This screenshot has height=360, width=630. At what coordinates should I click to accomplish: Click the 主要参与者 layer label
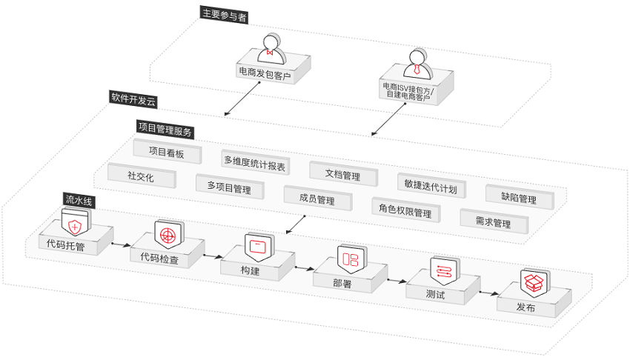[224, 15]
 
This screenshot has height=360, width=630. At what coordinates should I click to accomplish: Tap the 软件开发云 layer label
[133, 99]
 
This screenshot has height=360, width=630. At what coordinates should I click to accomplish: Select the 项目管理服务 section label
[165, 130]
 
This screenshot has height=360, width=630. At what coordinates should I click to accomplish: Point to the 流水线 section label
[79, 200]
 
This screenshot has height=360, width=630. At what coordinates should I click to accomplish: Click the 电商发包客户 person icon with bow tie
[271, 49]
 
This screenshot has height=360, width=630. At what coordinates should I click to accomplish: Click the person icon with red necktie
[418, 64]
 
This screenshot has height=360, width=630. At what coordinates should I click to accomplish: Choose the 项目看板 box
[168, 152]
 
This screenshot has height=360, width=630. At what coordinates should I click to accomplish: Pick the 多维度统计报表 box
[255, 162]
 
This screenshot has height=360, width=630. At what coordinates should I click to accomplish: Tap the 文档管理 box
[343, 174]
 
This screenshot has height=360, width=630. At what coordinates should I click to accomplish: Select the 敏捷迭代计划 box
[431, 186]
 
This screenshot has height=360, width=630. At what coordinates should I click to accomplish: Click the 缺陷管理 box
[520, 198]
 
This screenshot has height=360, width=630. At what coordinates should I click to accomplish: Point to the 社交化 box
[142, 176]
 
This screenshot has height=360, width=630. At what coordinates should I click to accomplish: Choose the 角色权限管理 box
[406, 210]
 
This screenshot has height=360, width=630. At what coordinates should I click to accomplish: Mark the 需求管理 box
[494, 221]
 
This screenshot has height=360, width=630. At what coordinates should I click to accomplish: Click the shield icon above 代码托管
[76, 221]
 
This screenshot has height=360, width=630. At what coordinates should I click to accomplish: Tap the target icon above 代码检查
[169, 234]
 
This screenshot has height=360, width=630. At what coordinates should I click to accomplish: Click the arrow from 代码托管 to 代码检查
[122, 244]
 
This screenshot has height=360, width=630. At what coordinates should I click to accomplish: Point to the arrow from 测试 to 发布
[489, 293]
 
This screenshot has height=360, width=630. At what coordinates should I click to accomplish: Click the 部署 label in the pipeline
[342, 283]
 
